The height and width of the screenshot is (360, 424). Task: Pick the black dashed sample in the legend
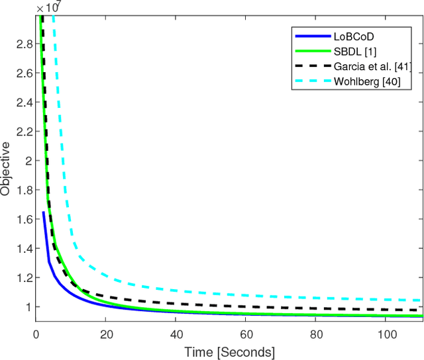point(307,67)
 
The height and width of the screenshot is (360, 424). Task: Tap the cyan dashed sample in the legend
point(307,83)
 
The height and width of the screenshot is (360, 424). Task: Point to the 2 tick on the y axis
point(26,160)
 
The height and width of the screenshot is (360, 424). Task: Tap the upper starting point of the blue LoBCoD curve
point(44,212)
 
